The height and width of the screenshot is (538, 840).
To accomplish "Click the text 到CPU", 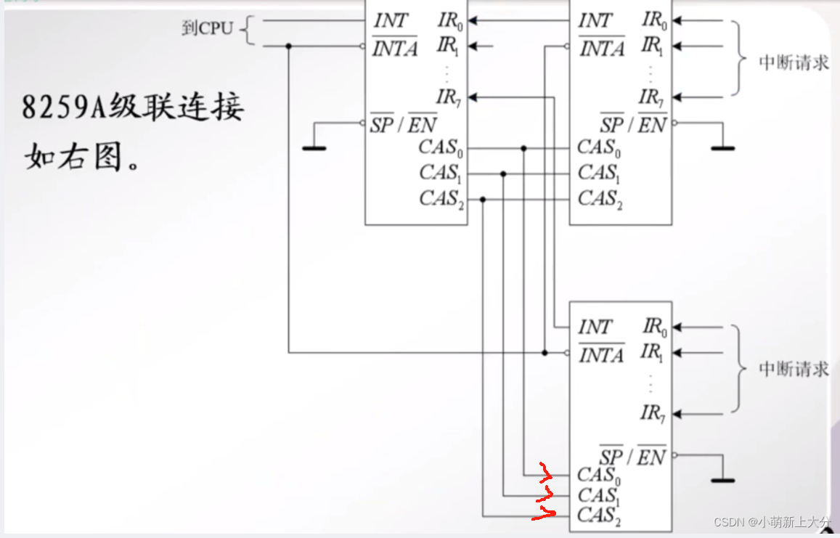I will [207, 29].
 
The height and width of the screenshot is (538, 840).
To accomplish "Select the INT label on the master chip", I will [391, 21].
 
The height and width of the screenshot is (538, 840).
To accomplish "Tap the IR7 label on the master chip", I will [449, 97].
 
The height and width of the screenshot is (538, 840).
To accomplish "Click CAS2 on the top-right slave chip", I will [600, 199].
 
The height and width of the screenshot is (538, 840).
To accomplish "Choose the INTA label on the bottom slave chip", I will [601, 355].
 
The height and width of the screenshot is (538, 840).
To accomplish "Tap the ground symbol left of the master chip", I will [314, 147].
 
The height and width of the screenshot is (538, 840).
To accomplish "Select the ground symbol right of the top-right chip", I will [722, 147].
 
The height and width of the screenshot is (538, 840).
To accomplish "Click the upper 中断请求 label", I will [794, 62].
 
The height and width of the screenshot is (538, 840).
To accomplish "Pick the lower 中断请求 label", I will [794, 370].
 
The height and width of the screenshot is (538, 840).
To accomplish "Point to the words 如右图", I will [73, 155].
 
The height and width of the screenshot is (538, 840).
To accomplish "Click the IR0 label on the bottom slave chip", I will [654, 327].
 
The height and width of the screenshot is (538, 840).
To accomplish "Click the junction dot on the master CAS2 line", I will [482, 199].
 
